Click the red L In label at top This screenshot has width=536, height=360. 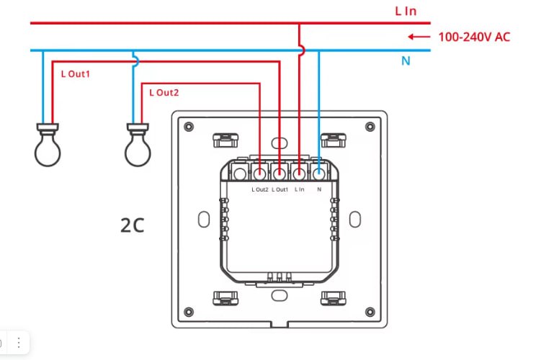tap(406, 12)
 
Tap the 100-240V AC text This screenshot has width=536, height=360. tap(474, 37)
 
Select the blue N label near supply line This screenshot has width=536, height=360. tap(406, 60)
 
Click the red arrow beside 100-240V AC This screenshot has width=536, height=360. tap(419, 37)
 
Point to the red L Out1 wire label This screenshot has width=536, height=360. tap(75, 73)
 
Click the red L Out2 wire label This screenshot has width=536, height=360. tap(164, 93)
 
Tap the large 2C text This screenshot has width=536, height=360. tap(133, 225)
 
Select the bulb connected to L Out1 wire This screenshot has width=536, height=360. tap(48, 145)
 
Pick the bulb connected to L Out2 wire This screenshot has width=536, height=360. tap(138, 145)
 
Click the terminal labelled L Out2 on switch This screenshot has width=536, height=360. tap(259, 174)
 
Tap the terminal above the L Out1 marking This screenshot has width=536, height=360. tap(280, 174)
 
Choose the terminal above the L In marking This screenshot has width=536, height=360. tap(299, 174)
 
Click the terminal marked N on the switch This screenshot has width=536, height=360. tap(318, 174)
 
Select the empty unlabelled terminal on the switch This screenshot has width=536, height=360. tap(240, 174)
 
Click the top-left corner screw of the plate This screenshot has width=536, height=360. tap(189, 127)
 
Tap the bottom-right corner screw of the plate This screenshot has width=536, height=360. tap(370, 312)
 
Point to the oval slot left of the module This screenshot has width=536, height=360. tap(204, 220)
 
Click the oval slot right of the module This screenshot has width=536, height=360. tap(355, 220)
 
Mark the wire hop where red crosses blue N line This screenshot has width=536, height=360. tap(302, 50)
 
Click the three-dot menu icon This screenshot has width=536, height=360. tap(19, 343)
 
